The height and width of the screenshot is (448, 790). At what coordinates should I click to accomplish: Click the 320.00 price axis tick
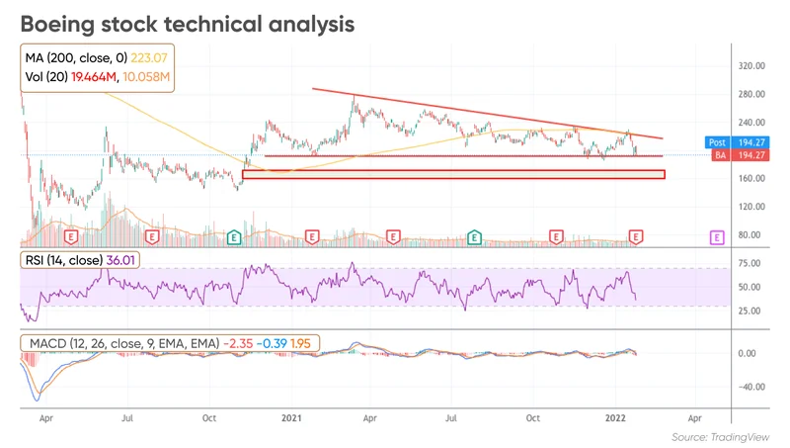[x=753, y=66]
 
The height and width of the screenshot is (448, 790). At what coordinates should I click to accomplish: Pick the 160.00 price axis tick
[x=753, y=179]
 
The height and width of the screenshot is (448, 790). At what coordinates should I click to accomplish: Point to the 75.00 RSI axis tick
[x=750, y=263]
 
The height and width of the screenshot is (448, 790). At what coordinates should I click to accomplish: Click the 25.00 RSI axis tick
[x=750, y=311]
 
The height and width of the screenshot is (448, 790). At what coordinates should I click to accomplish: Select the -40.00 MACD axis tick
[x=753, y=387]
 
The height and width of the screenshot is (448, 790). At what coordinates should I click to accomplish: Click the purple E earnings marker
[x=718, y=237]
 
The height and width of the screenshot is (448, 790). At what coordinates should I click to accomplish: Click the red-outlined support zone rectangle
[x=453, y=174]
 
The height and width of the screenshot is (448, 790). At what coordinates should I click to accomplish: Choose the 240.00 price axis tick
[x=753, y=95]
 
